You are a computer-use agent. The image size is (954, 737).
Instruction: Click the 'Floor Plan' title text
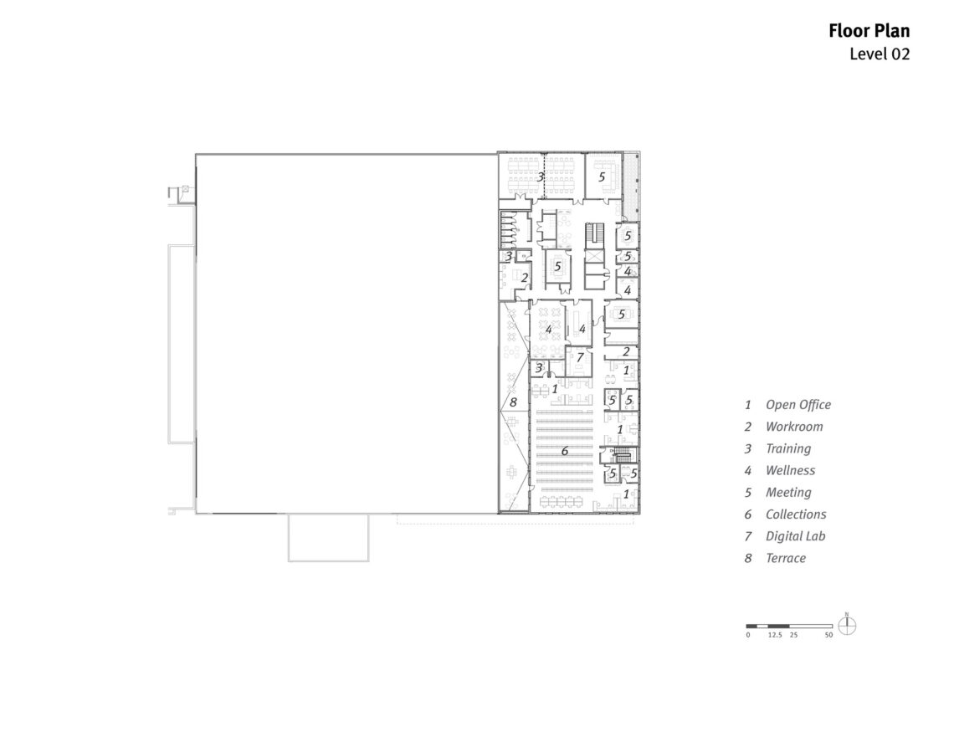869,31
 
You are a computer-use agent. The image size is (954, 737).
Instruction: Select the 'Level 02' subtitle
880,54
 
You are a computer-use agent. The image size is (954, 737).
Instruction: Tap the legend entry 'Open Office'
798,405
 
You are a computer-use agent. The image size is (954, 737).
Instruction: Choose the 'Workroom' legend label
794,427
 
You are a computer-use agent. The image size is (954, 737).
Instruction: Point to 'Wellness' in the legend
790,471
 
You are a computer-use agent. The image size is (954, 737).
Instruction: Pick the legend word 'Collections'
796,514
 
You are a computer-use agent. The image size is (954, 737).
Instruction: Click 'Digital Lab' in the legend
795,536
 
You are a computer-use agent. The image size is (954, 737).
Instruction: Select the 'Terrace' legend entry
786,558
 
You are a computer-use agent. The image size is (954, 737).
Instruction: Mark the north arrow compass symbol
847,625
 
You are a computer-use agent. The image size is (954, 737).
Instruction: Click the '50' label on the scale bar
828,635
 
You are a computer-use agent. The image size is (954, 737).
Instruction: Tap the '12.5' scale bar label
775,635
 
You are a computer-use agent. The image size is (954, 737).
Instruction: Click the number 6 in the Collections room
565,451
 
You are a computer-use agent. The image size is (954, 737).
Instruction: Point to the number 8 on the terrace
514,402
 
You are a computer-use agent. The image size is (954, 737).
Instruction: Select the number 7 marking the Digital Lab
580,357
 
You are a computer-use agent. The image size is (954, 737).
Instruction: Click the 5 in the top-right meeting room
602,177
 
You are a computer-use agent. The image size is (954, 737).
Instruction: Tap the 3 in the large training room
541,177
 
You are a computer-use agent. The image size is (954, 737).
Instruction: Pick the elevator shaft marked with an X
593,257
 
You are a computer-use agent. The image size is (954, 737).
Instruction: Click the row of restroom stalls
509,230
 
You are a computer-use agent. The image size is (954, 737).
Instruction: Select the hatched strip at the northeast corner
631,187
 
